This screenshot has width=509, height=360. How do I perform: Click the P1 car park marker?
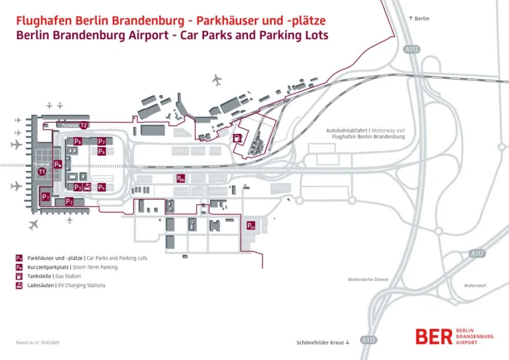click(x=46, y=196)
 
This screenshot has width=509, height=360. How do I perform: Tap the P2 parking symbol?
click(x=69, y=201)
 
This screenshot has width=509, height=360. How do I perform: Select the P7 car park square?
click(x=101, y=141)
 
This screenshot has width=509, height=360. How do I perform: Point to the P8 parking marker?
click(x=78, y=141)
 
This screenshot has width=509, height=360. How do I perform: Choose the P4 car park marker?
click(x=101, y=187)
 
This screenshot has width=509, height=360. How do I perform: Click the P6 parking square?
click(x=101, y=151)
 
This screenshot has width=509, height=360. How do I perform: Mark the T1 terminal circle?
click(x=42, y=172)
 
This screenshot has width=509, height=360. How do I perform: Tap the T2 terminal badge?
click(x=84, y=125)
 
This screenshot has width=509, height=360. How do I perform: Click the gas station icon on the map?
click(x=237, y=138)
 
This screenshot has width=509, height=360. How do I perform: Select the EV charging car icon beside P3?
click(x=87, y=187)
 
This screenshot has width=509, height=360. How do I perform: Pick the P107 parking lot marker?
click(x=251, y=225)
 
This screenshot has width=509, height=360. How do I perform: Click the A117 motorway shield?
click(x=477, y=253)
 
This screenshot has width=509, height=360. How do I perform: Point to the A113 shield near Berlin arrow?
click(x=411, y=49)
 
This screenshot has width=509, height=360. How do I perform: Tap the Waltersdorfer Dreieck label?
click(x=368, y=279)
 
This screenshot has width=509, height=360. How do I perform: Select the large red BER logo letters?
click(x=435, y=336)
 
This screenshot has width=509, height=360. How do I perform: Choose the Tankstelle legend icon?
click(x=20, y=276)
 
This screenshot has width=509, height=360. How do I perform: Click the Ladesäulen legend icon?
click(x=20, y=285)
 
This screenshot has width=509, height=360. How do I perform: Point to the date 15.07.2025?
click(x=50, y=343)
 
